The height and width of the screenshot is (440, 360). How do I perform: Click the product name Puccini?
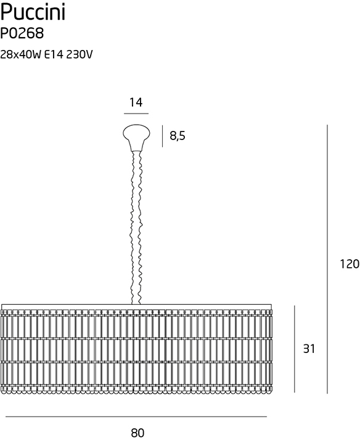(x=33, y=13)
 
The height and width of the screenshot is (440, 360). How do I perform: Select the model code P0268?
(x=22, y=34)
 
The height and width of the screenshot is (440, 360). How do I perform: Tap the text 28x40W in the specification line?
(x=21, y=55)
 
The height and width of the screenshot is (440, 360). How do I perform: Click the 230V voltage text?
(x=80, y=55)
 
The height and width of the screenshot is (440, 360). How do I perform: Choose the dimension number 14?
(x=136, y=102)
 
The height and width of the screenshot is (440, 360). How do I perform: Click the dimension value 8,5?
(x=178, y=136)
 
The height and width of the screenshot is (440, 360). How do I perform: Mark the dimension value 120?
(x=350, y=264)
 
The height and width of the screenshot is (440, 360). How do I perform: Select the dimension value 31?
(x=309, y=349)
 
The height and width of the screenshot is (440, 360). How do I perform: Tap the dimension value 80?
(x=137, y=433)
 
